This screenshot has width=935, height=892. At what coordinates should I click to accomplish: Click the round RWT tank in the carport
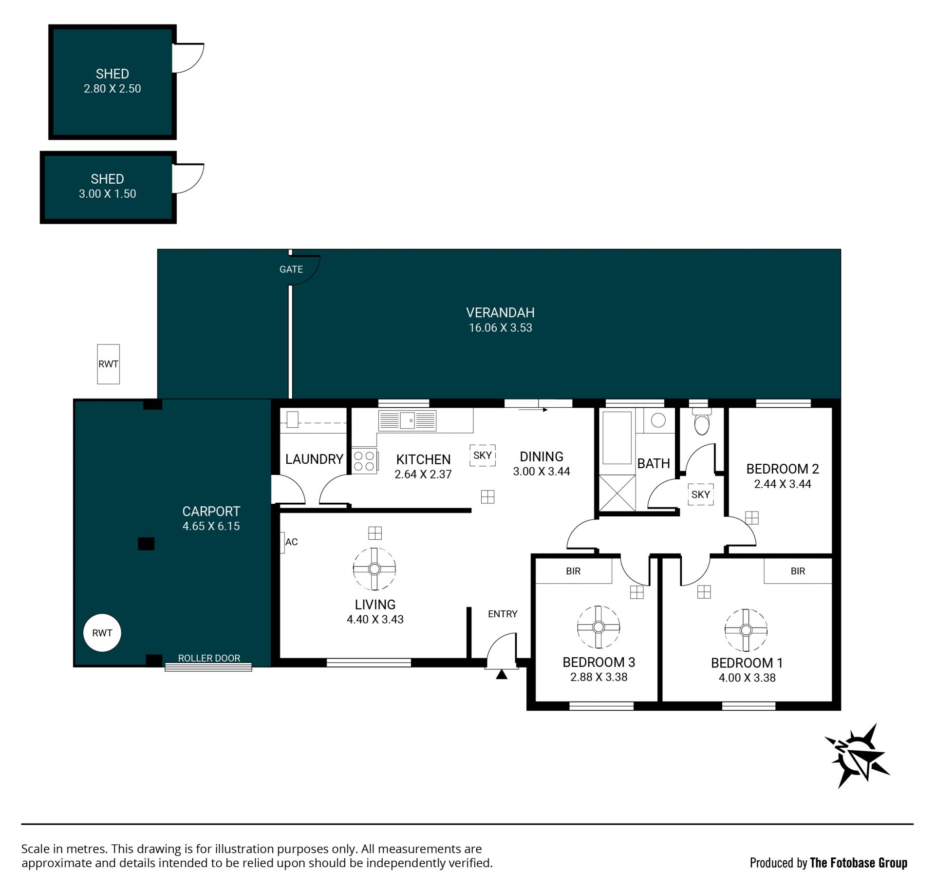coord(102,633)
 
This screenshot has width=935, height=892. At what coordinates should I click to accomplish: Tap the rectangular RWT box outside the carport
coord(108,364)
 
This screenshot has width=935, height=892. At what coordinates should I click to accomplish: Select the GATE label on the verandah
coord(291,269)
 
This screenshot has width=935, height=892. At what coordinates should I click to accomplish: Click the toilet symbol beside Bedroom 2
coord(701,422)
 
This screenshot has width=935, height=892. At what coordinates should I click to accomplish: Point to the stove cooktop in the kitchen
coord(364,461)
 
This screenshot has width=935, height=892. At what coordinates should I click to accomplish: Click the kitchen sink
coord(407,420)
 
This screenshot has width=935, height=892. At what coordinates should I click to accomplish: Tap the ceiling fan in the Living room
coord(374,569)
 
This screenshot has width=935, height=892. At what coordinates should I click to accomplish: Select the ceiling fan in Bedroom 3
coord(598,627)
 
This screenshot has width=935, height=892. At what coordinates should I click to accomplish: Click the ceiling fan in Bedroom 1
coord(746,630)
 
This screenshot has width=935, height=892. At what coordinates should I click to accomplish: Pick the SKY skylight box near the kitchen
coord(483,455)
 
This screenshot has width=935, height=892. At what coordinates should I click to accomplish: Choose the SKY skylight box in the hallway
coord(701,494)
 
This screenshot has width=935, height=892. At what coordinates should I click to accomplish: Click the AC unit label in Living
coord(291,542)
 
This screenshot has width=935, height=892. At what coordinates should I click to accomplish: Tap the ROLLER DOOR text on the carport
coord(209,658)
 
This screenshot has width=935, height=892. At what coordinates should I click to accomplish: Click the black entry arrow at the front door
coord(502,674)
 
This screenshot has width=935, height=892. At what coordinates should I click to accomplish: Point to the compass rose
coord(857,756)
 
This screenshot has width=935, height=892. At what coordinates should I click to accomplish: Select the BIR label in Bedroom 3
coord(573,571)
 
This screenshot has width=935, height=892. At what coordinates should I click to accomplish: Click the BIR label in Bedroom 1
coord(798,571)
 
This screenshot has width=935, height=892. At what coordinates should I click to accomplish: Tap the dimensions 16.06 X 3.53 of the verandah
coord(501,328)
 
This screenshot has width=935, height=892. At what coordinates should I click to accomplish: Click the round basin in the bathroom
coord(658,420)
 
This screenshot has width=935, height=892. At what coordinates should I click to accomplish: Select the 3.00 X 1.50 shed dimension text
coord(108,194)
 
